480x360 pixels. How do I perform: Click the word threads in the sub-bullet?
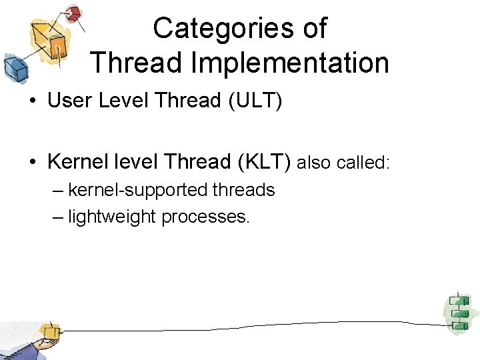coord(244,191)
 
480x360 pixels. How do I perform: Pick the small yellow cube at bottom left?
coord(49,331)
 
